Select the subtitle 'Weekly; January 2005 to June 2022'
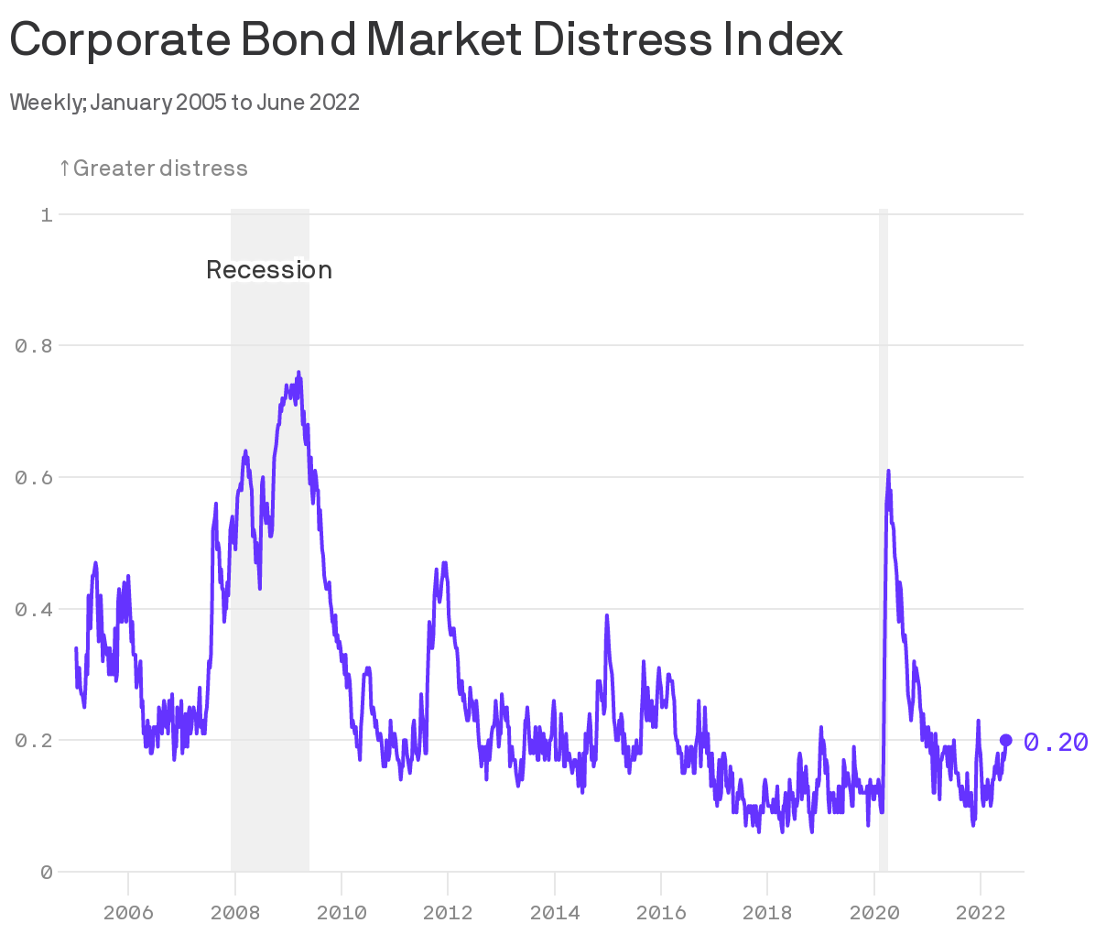(184, 102)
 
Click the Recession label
(268, 270)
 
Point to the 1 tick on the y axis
(46, 215)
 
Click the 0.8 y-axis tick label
(34, 346)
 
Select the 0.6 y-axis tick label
(34, 478)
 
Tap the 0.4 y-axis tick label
(34, 609)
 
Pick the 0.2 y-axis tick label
(34, 741)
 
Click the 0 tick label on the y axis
(46, 873)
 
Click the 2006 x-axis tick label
(128, 913)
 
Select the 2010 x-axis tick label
(342, 913)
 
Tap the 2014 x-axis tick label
(554, 913)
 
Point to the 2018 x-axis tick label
(767, 913)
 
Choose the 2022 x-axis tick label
(980, 913)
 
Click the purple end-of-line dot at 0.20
(1005, 740)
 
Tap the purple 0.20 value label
(1056, 742)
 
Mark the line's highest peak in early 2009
(298, 373)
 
